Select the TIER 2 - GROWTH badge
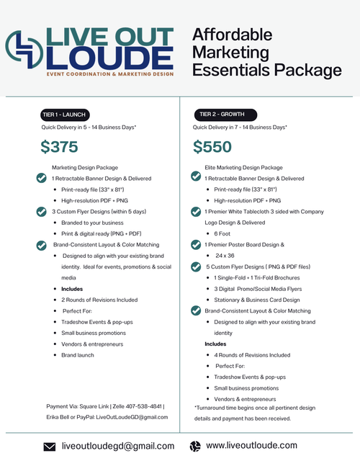coord(222,114)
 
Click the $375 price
coord(59,147)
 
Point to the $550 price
coord(212,147)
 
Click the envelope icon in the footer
coord(50,447)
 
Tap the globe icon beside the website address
coord(194,446)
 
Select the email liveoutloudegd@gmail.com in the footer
coord(118,447)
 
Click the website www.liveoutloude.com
coord(251,446)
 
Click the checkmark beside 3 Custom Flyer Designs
coord(41,212)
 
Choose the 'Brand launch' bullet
coord(78,355)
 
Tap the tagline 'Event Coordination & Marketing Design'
coord(109,75)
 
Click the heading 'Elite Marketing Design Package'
coord(243,167)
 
